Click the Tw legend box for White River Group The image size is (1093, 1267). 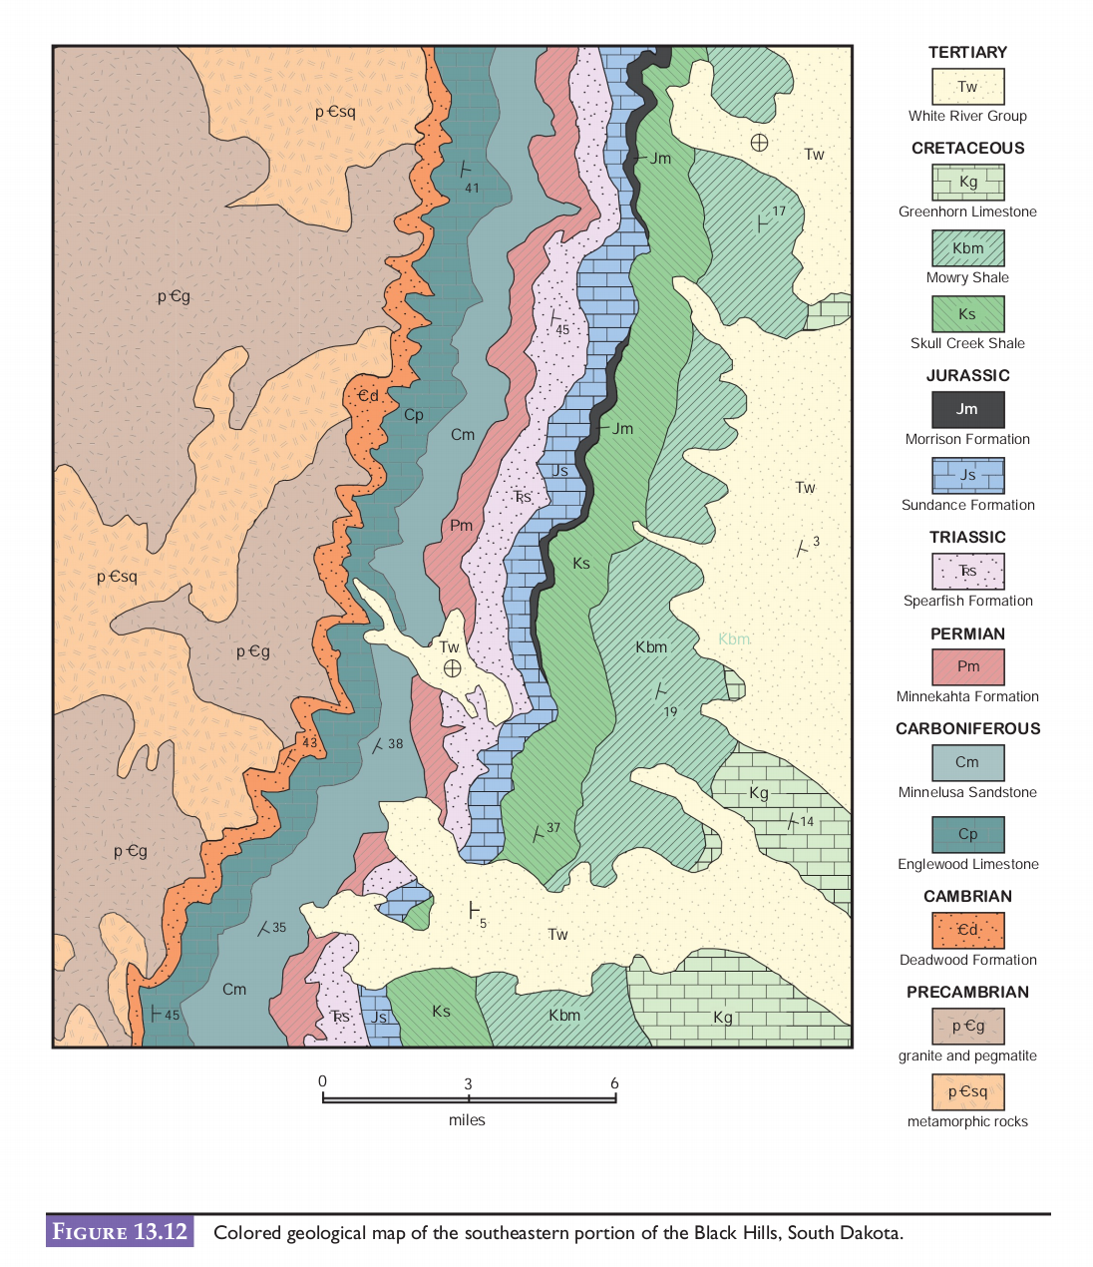point(967,87)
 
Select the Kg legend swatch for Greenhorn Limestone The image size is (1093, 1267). point(967,183)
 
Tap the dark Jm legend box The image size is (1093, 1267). point(967,409)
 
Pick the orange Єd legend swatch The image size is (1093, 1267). point(967,930)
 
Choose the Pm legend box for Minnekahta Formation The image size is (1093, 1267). point(967,666)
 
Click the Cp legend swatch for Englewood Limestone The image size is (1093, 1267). point(967,834)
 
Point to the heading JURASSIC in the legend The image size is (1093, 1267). point(967,376)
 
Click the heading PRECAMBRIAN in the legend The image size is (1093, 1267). point(967,993)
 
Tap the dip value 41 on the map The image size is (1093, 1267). point(472,189)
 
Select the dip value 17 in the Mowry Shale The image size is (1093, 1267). point(779,211)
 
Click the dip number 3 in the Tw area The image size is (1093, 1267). point(816,542)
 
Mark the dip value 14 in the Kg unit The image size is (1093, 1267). point(807,822)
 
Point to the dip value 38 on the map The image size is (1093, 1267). point(396,744)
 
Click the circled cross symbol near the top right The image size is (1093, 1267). point(759,143)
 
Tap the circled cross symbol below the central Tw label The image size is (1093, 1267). point(452,668)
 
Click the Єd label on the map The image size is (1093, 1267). point(368,396)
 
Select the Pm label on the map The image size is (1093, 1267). point(461,526)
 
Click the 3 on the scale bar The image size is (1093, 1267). point(468,1084)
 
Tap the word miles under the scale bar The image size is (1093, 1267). point(467,1120)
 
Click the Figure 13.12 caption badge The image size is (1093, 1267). point(120,1232)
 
